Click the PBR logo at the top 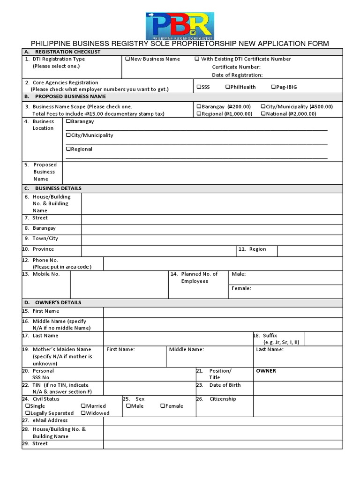[x=180, y=26]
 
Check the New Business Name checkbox [x=127, y=59]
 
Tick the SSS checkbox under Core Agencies [x=199, y=87]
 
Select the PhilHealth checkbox [x=227, y=87]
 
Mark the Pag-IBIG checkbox [x=273, y=87]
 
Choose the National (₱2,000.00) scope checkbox [x=263, y=114]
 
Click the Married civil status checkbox [x=83, y=406]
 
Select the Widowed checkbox [x=83, y=413]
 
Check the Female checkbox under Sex [x=162, y=406]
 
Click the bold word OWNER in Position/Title [x=266, y=371]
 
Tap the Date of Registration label [x=237, y=75]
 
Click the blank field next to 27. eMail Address [x=223, y=420]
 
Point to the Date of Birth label [x=225, y=385]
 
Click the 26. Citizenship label [x=222, y=399]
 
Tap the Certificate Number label [x=236, y=67]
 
